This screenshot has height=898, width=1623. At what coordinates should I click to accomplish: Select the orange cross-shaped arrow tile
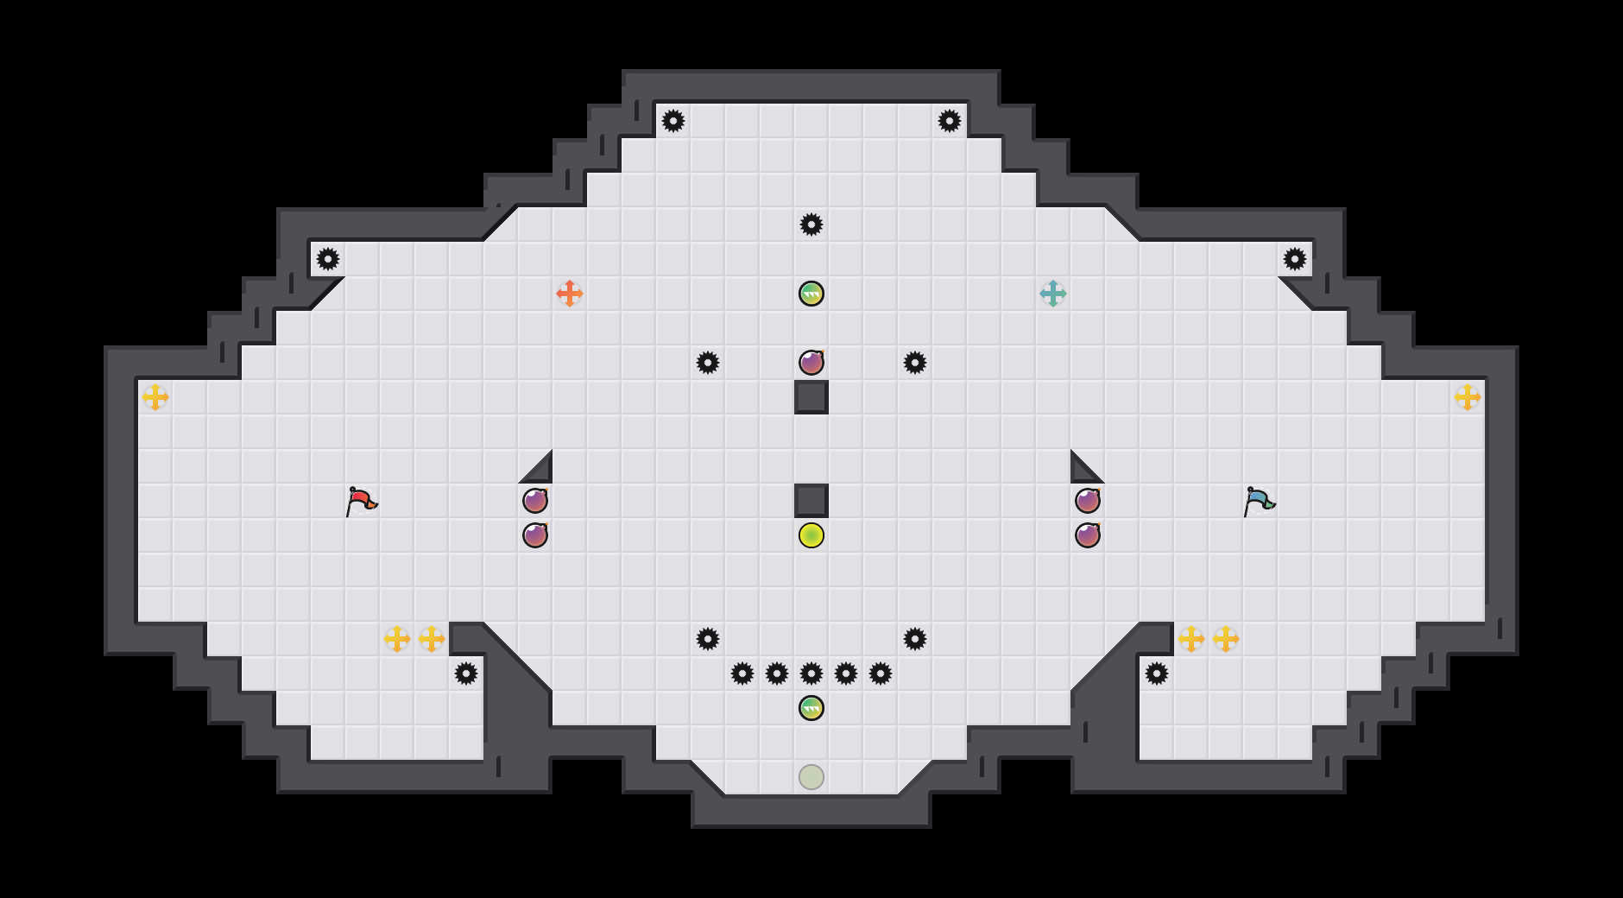(570, 294)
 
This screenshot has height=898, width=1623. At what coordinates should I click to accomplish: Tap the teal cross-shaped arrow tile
(1053, 294)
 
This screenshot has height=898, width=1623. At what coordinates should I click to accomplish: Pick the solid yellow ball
(811, 535)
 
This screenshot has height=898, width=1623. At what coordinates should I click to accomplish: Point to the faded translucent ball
(811, 777)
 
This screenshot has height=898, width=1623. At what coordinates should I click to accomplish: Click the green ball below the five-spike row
(811, 708)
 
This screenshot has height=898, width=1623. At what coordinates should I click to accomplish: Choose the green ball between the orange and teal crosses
(811, 294)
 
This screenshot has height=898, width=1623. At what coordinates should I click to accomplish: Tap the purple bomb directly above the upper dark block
(811, 363)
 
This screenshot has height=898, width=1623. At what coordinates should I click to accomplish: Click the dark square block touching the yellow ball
(811, 501)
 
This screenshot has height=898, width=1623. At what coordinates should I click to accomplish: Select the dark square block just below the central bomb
(811, 397)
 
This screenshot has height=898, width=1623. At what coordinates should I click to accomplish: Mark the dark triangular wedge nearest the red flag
(540, 471)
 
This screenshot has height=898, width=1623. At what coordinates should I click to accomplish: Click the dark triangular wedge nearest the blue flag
(1083, 471)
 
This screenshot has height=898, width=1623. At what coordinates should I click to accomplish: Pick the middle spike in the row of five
(811, 673)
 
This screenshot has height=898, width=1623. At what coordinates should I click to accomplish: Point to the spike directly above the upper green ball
(811, 224)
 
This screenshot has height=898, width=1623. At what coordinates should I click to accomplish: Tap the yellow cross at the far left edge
(155, 397)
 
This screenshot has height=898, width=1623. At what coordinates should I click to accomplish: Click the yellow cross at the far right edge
(1468, 397)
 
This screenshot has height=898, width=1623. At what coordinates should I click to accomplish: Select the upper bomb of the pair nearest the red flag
(535, 501)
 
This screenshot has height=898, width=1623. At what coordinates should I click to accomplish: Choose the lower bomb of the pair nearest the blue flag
(1088, 535)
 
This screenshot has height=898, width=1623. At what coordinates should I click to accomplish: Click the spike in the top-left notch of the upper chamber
(673, 121)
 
